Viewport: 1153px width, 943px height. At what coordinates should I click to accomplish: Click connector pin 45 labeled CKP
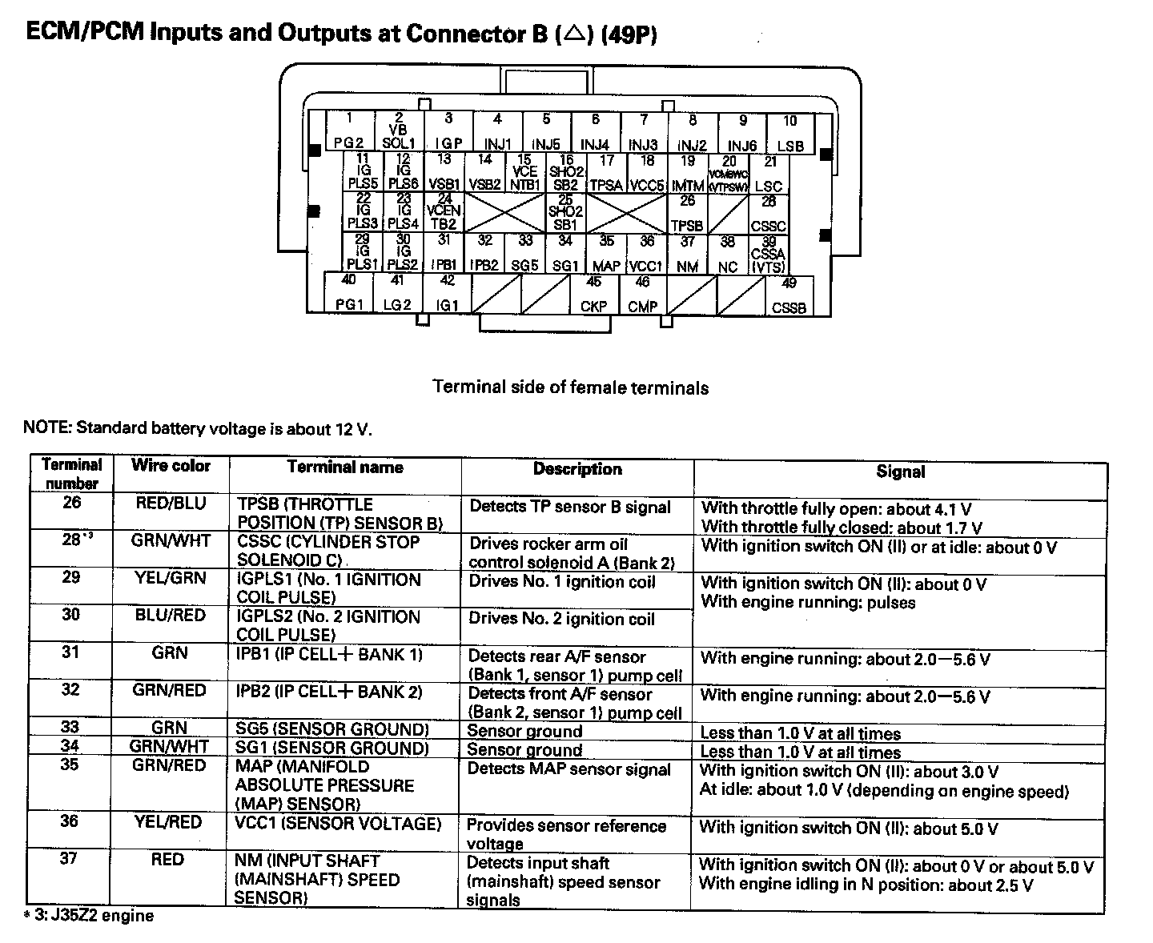[x=593, y=295]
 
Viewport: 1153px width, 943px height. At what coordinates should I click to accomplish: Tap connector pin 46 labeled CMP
[x=642, y=295]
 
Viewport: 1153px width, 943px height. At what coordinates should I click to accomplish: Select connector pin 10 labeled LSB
[x=790, y=134]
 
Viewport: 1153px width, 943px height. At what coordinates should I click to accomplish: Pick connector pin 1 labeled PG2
[x=349, y=132]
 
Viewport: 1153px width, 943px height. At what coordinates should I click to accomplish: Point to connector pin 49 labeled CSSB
[x=789, y=295]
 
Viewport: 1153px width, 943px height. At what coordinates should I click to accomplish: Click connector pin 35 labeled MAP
[x=606, y=254]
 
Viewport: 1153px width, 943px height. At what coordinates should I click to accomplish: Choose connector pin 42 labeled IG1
[x=448, y=294]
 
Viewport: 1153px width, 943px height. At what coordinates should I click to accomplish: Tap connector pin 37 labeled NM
[x=688, y=254]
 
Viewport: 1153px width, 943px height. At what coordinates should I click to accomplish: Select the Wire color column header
[x=171, y=466]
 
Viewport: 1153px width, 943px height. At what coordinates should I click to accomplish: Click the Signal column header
[x=900, y=472]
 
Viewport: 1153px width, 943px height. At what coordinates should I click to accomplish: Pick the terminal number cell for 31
[x=71, y=652]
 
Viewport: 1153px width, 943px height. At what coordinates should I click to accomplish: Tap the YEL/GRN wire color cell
[x=171, y=578]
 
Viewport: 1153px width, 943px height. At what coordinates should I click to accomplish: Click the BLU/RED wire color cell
[x=171, y=616]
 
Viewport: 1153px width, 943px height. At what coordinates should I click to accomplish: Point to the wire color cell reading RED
[x=167, y=860]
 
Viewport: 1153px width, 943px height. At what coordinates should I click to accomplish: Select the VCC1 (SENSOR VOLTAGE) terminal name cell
[x=339, y=824]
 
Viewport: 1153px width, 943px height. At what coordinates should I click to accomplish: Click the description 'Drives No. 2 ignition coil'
[x=561, y=619]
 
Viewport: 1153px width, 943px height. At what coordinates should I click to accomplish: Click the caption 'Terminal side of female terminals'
[x=570, y=388]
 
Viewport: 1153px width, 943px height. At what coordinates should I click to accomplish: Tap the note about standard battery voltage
[x=198, y=428]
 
